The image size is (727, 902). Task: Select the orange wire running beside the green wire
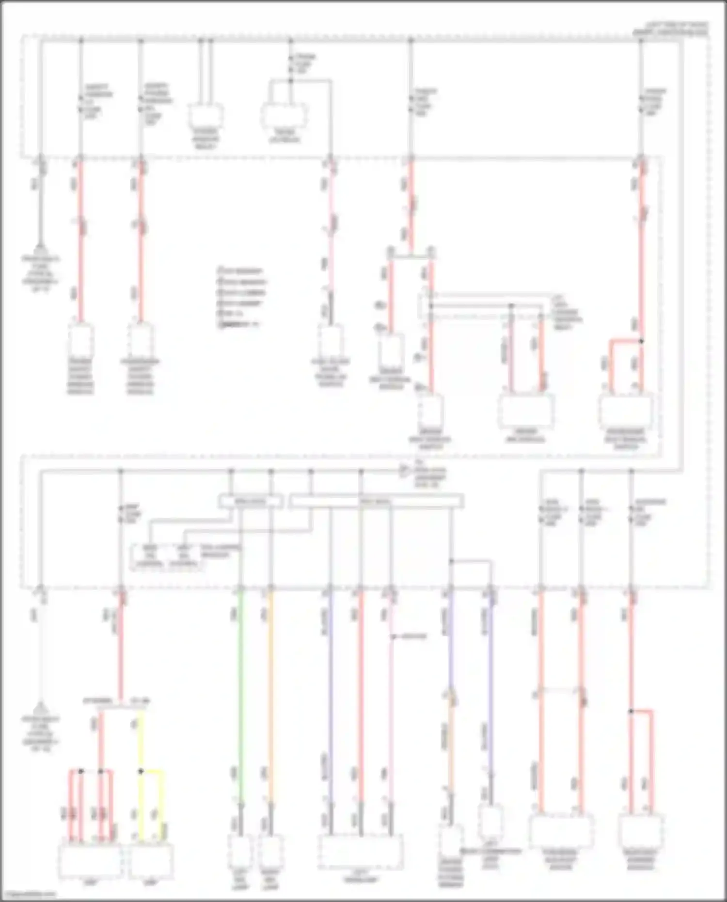(270, 703)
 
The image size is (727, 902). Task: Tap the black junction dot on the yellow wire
(141, 771)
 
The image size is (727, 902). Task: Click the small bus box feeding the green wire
(250, 502)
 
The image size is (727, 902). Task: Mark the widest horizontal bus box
(376, 502)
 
